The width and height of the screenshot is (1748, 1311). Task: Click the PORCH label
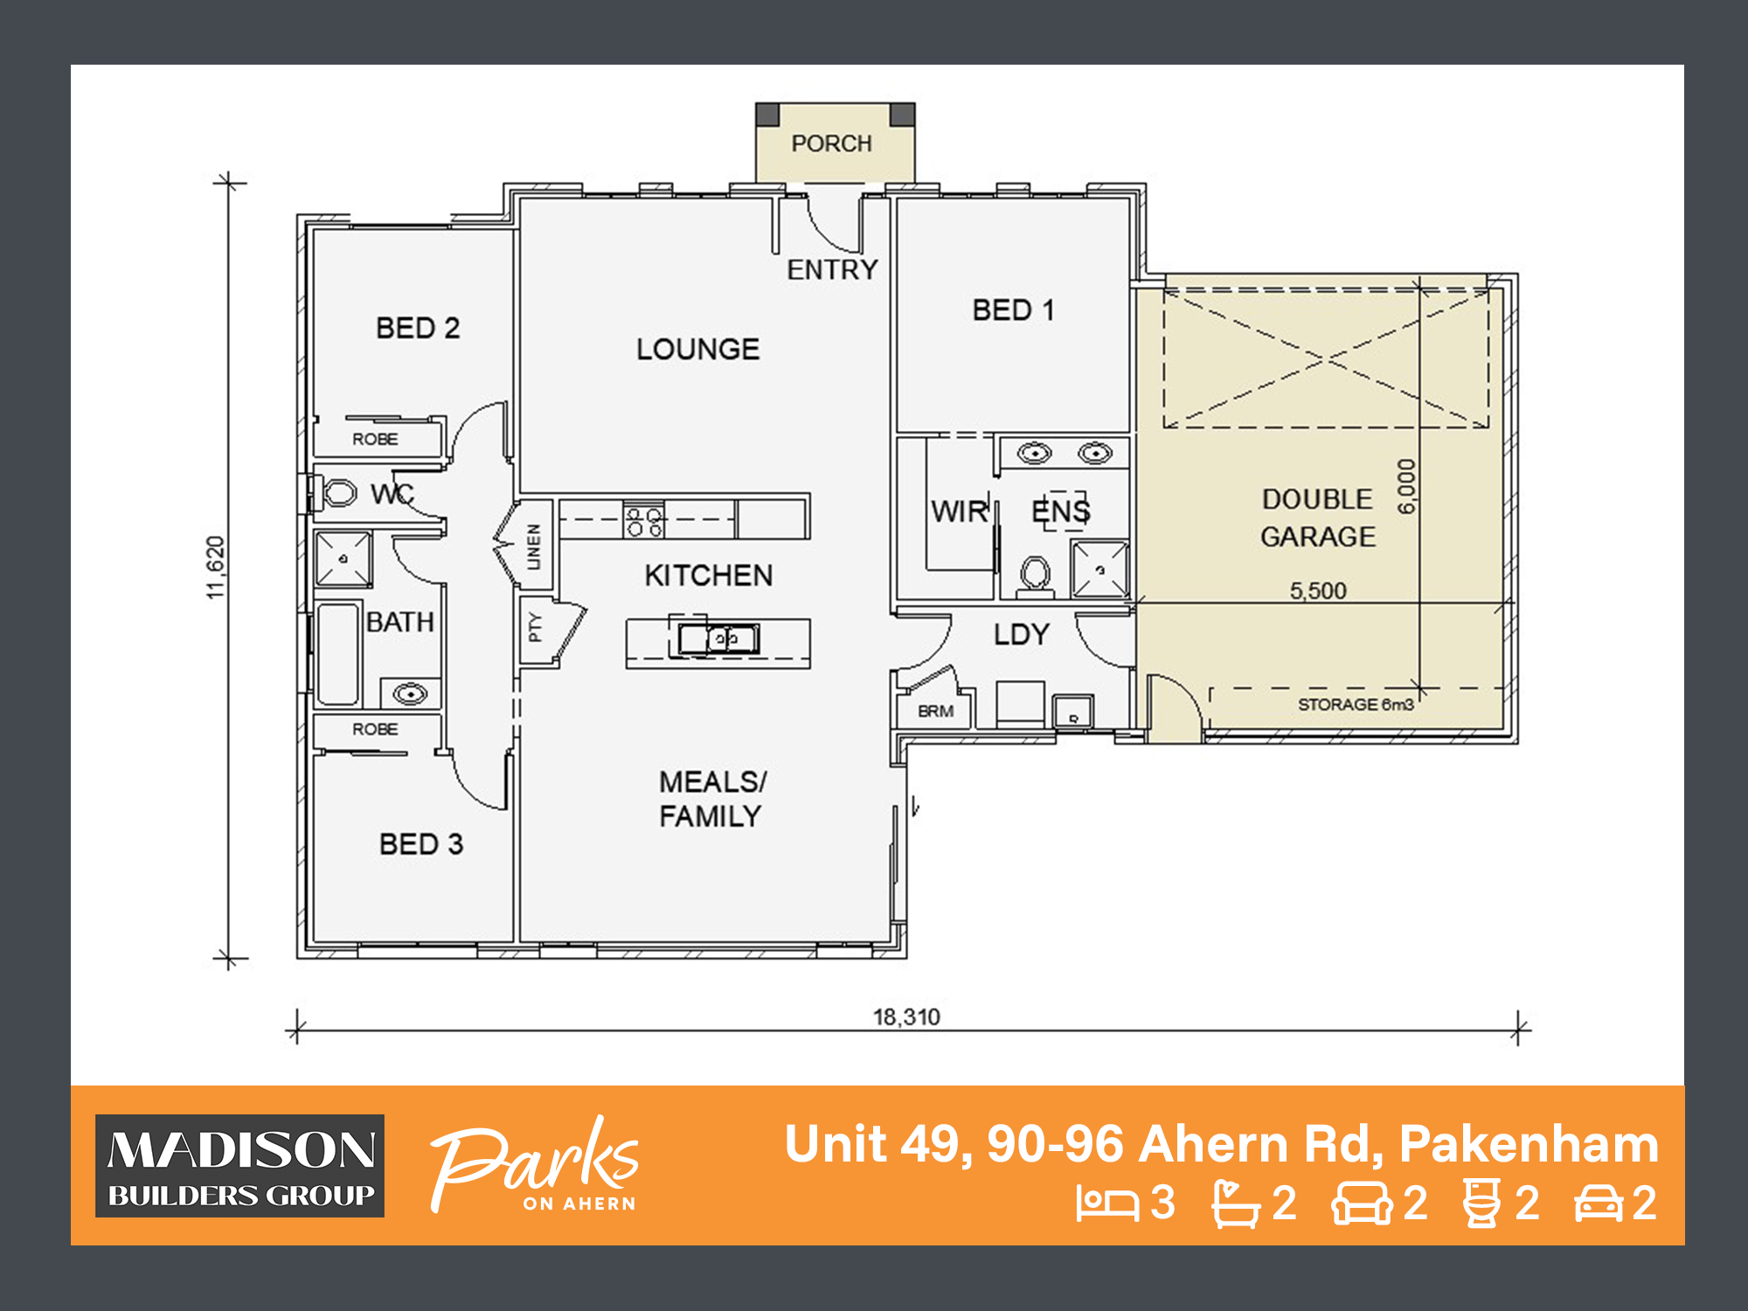[x=831, y=143]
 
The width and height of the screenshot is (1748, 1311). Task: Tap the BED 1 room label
[x=1013, y=310]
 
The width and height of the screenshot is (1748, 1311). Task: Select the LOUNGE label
[x=697, y=350]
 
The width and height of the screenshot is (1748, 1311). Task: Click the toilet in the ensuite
[x=1036, y=575]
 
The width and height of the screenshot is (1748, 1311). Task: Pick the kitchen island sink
[x=718, y=640]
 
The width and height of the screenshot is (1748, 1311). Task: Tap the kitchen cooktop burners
[x=644, y=521]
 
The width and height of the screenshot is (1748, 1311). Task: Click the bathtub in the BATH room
[x=337, y=653]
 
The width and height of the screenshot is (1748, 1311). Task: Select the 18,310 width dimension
[x=906, y=1017]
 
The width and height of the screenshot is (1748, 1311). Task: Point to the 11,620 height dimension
[x=216, y=567]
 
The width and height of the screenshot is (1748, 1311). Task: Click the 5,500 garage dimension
[x=1318, y=591]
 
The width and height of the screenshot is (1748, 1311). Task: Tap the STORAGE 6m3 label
[x=1355, y=704]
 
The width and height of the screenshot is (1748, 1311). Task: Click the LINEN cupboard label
[x=533, y=546]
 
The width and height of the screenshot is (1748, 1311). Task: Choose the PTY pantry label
[x=535, y=628]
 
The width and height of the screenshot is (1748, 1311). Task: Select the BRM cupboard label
[x=935, y=711]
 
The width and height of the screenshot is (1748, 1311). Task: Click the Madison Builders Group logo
[x=240, y=1166]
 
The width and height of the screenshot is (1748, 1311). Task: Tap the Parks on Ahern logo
[x=535, y=1164]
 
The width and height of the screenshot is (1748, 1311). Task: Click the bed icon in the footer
[x=1106, y=1203]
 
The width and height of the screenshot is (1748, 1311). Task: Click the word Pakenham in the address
[x=1529, y=1144]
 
